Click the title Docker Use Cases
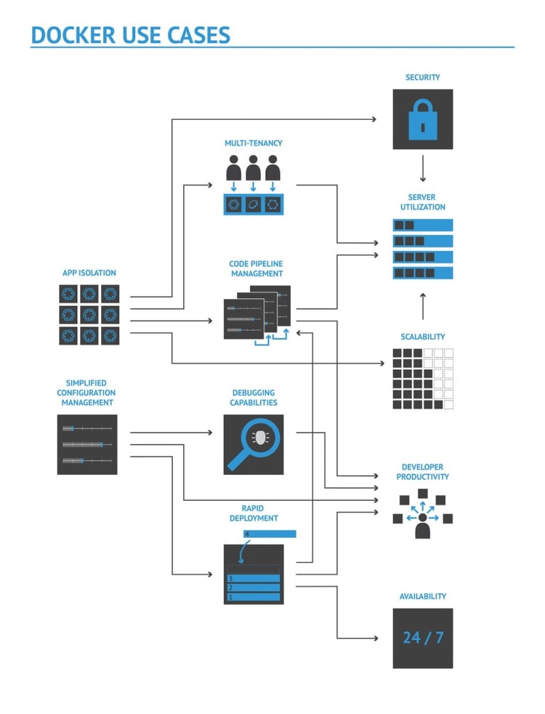[x=130, y=34]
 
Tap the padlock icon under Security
[x=422, y=120]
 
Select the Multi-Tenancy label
[x=253, y=143]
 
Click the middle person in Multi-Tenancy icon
[x=253, y=169]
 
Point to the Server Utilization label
[x=422, y=202]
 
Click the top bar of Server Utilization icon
[x=422, y=225]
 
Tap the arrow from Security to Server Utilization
[x=422, y=170]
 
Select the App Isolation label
[x=89, y=273]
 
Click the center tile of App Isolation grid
[x=89, y=315]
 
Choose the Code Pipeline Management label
[x=257, y=269]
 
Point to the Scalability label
[x=422, y=337]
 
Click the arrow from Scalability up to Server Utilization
[x=422, y=306]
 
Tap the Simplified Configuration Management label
[x=86, y=393]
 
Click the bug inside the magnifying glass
[x=259, y=437]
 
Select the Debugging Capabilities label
[x=254, y=398]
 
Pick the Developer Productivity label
[x=422, y=472]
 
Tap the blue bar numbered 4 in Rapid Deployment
[x=270, y=534]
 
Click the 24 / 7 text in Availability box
[x=422, y=638]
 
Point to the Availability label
[x=422, y=596]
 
